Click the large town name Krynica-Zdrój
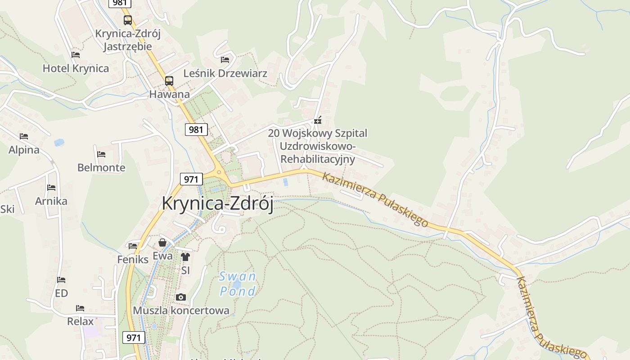click(x=217, y=203)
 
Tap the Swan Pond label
click(x=237, y=283)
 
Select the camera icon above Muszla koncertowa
click(x=181, y=297)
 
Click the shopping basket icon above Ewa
click(x=162, y=243)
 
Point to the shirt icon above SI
click(x=185, y=257)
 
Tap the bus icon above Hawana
click(x=169, y=81)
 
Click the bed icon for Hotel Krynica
click(x=76, y=55)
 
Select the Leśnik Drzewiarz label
click(x=225, y=73)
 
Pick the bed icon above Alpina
click(x=24, y=136)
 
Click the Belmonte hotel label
click(x=101, y=168)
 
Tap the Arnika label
click(x=51, y=201)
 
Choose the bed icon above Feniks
click(x=133, y=246)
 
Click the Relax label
click(x=81, y=321)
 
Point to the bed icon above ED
click(x=61, y=280)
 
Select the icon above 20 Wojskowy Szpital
click(x=318, y=120)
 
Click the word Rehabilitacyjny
click(x=318, y=159)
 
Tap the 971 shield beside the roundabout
click(x=191, y=179)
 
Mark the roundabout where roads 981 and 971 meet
click(x=219, y=172)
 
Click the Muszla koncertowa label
click(x=181, y=310)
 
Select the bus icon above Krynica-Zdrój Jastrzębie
click(x=128, y=20)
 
